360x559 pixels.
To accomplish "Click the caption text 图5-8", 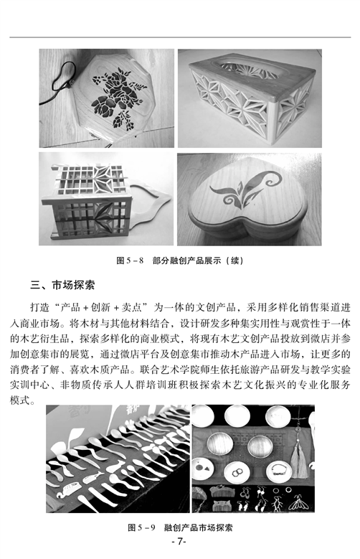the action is [x=130, y=260].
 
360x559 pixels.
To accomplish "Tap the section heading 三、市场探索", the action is [x=62, y=286].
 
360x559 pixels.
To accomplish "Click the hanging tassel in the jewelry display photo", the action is [x=299, y=461].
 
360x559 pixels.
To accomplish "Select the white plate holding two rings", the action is [x=238, y=473].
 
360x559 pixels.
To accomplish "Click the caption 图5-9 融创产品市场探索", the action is [x=180, y=527].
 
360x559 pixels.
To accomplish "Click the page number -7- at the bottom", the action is [x=179, y=542].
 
